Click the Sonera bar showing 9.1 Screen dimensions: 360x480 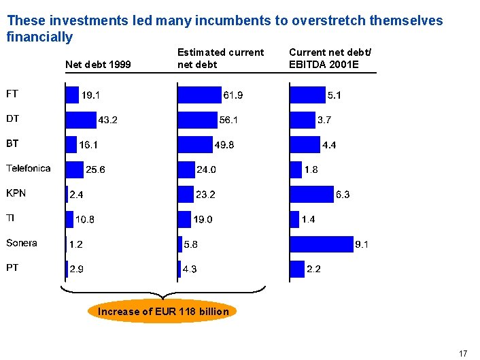coord(321,244)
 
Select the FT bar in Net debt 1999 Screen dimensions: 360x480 coord(72,95)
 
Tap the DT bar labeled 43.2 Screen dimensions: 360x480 coord(80,120)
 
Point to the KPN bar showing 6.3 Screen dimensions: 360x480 coord(311,194)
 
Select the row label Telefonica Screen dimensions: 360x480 coord(29,168)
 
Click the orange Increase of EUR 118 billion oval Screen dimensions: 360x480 coord(163,312)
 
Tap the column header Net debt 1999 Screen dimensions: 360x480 coord(97,65)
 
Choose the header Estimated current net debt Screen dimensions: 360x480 coord(220,59)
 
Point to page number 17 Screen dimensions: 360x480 coord(463,353)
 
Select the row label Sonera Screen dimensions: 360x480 coord(22,243)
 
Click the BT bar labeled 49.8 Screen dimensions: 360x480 coord(195,144)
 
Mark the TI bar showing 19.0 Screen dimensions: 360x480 coord(184,219)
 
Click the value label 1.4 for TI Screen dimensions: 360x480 coord(309,219)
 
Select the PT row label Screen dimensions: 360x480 coord(12,267)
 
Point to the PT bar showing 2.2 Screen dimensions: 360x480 coord(296,269)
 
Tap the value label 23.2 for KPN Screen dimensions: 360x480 coord(205,195)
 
